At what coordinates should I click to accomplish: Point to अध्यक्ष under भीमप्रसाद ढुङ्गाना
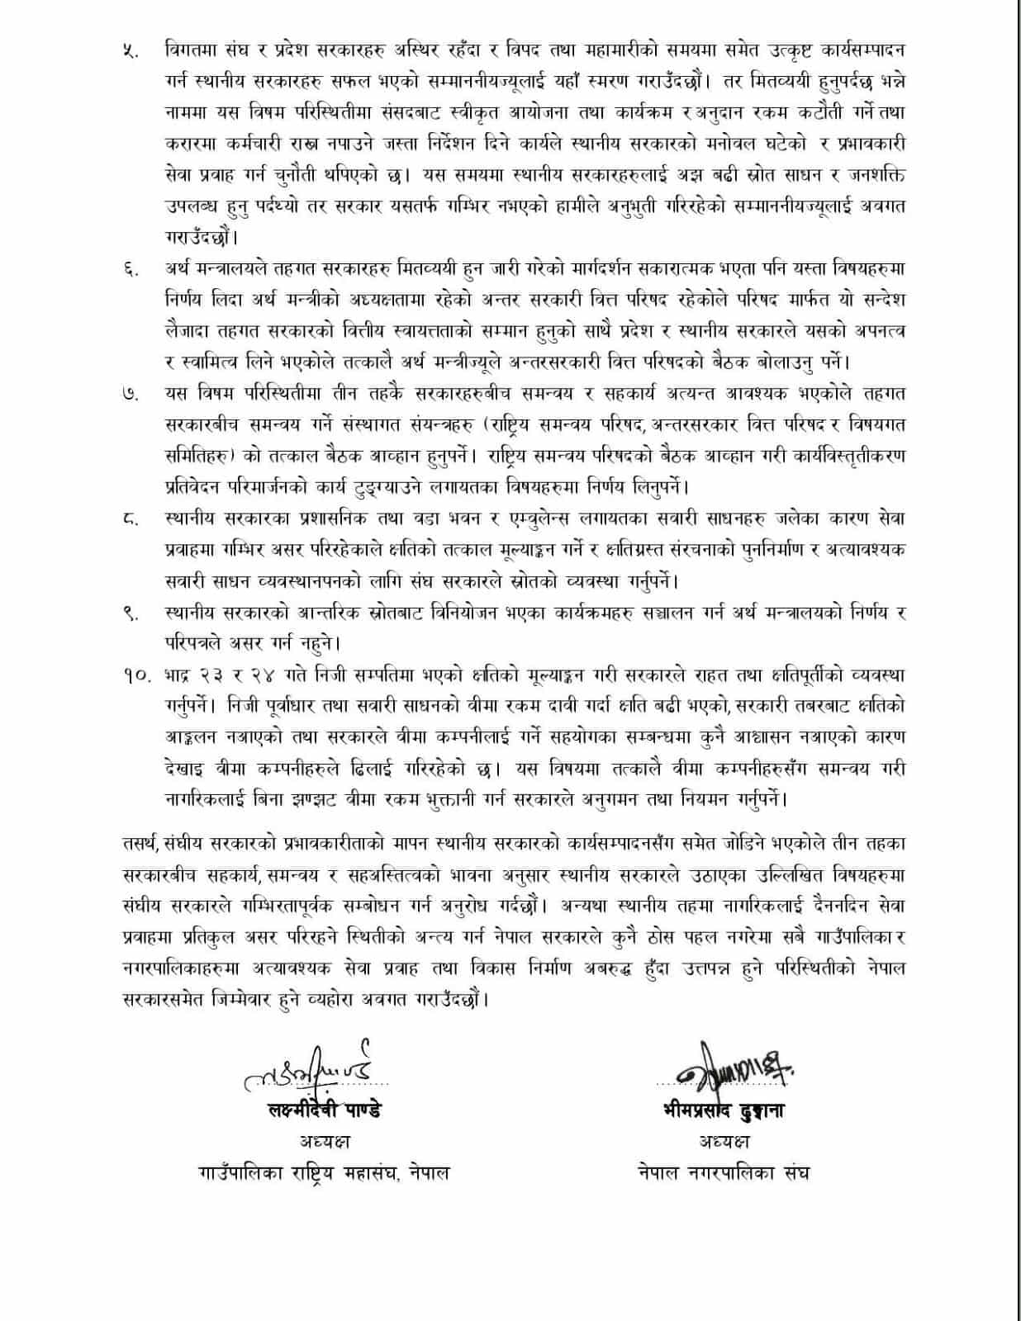pos(723,1142)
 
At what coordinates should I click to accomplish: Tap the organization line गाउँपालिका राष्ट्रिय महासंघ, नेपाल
pos(324,1172)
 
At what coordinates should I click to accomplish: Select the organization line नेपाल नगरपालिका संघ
pos(724,1172)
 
